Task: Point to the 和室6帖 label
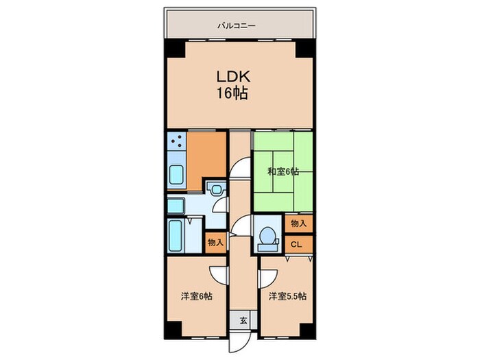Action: [x=283, y=171]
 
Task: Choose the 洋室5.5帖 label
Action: [x=287, y=296]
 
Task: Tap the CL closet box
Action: [x=298, y=243]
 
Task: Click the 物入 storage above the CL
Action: [x=298, y=224]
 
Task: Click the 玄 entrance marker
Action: [x=243, y=318]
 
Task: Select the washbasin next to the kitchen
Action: [x=175, y=205]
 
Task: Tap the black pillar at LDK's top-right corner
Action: [x=302, y=49]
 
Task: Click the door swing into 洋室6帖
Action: [x=219, y=273]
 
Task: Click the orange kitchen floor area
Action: [x=206, y=154]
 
